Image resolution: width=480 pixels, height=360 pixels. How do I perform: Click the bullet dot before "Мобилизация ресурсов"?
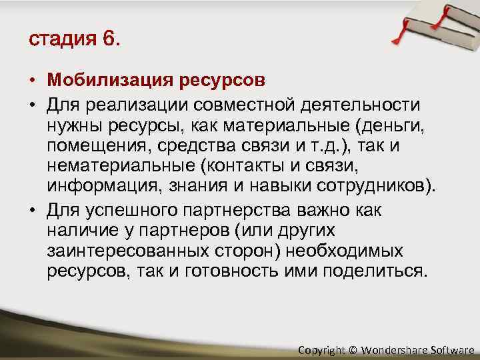(x=32, y=81)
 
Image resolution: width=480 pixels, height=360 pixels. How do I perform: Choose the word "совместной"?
(x=250, y=106)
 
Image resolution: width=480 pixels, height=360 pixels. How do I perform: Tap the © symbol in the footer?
(x=353, y=349)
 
